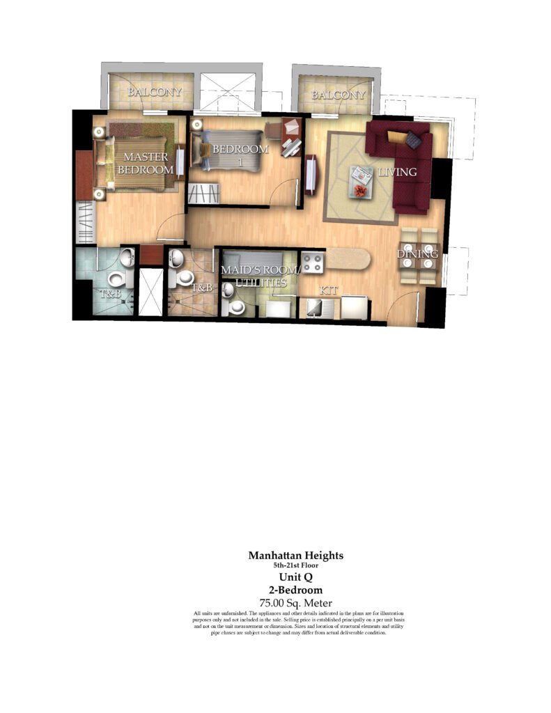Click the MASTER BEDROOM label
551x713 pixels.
(x=146, y=163)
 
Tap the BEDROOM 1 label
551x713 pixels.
(x=240, y=155)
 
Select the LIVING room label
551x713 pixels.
(x=398, y=172)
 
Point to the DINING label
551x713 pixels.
(x=418, y=253)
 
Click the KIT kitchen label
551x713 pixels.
(x=328, y=290)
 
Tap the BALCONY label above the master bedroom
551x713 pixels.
(x=154, y=92)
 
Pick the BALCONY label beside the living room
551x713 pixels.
(x=338, y=95)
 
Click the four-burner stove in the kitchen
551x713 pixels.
(x=313, y=263)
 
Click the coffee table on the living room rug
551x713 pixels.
(x=362, y=182)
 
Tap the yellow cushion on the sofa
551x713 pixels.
(x=396, y=137)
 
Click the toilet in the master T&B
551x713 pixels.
(x=117, y=279)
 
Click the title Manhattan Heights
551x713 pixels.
(x=296, y=555)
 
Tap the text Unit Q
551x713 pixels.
(x=296, y=577)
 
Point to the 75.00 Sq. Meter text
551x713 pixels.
(x=296, y=604)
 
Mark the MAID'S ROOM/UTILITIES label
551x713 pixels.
(x=260, y=276)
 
